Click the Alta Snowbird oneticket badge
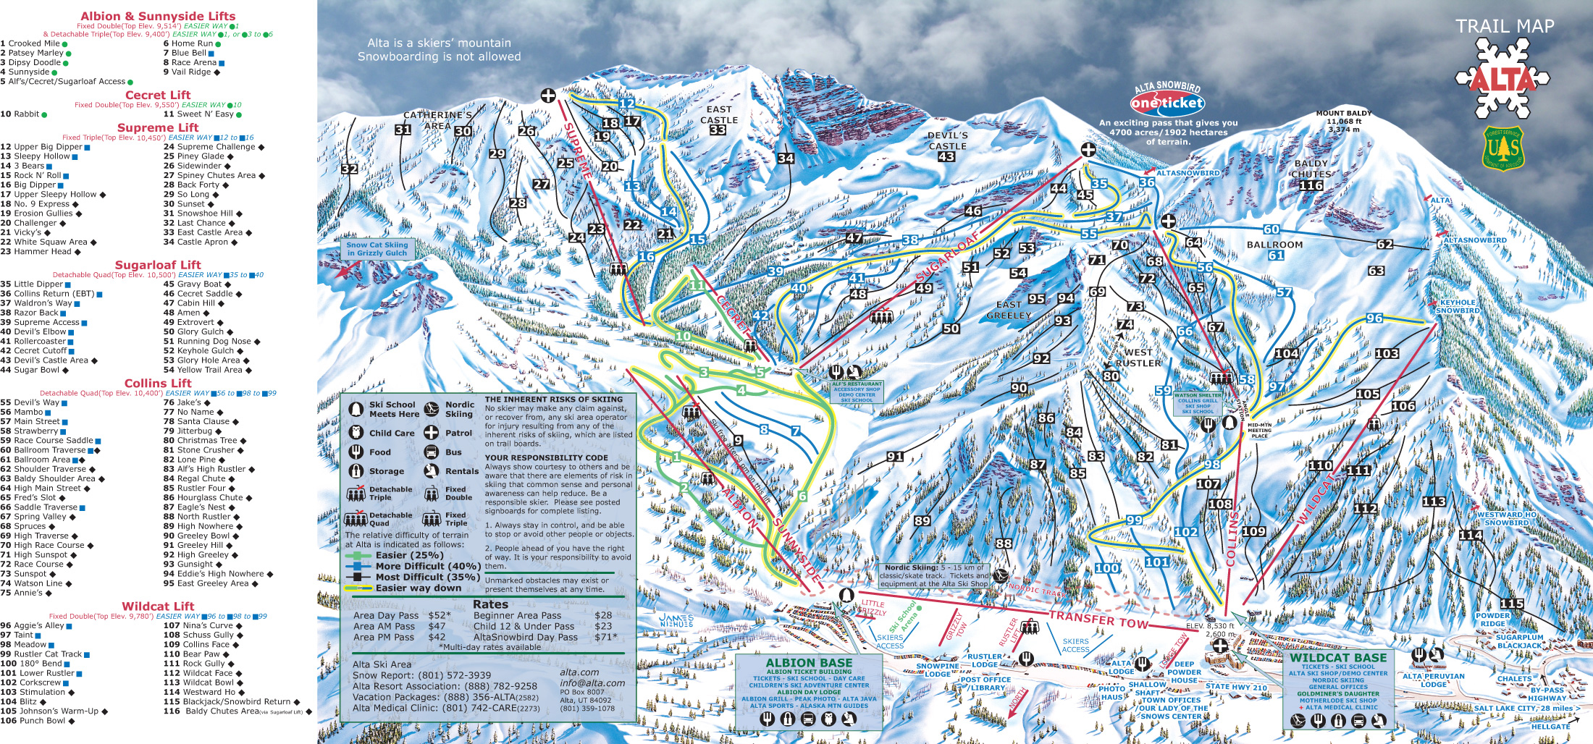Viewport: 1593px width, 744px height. click(x=1167, y=102)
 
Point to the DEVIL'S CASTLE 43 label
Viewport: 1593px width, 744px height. click(x=947, y=145)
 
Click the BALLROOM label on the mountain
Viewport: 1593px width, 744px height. click(x=1274, y=245)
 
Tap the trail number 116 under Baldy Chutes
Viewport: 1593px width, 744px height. click(x=1311, y=185)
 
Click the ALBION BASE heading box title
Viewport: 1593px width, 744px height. click(x=809, y=662)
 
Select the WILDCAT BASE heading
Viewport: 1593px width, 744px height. click(x=1338, y=658)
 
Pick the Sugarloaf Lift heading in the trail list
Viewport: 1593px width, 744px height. click(x=158, y=265)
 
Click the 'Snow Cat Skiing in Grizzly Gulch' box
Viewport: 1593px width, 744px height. click(x=377, y=249)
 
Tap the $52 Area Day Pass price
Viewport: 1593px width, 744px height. click(x=439, y=615)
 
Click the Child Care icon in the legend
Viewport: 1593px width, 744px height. click(x=356, y=433)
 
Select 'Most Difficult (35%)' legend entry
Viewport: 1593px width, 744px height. click(x=426, y=577)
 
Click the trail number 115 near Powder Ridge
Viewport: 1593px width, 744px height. click(x=1512, y=604)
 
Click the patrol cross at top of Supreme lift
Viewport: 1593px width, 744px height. click(x=548, y=96)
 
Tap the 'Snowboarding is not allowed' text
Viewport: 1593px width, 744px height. click(x=439, y=56)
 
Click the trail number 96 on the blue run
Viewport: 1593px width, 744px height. click(x=1374, y=318)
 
